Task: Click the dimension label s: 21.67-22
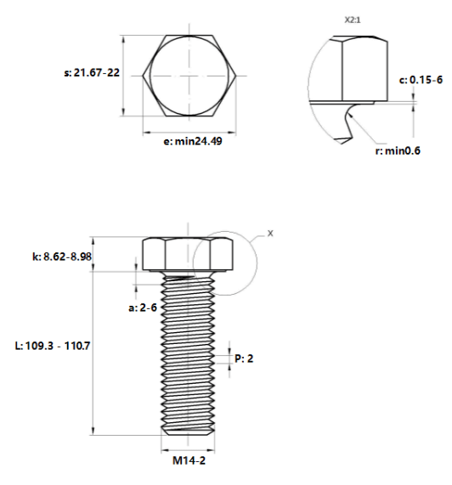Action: coord(92,73)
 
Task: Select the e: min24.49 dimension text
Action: coord(193,141)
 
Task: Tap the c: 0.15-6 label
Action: coord(421,80)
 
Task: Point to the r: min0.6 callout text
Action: coord(398,151)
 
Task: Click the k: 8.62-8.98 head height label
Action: coord(62,257)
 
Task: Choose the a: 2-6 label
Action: coord(143,307)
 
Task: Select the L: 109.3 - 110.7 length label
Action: coord(53,346)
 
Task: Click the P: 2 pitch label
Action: coord(244,358)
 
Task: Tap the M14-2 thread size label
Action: coord(189,460)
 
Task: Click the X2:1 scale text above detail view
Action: coord(353,20)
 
